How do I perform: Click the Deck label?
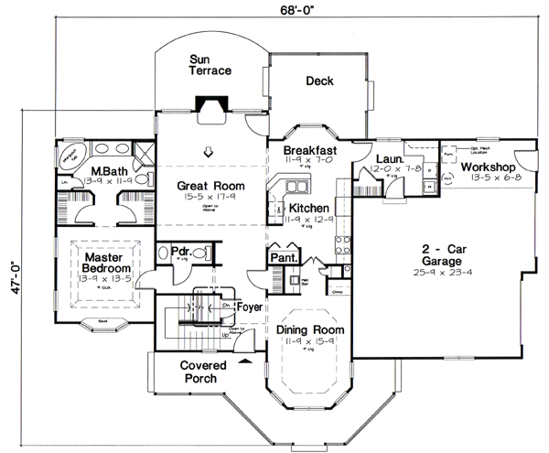click(319, 81)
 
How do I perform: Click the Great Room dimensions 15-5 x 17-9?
click(210, 197)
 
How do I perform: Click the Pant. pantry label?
click(280, 259)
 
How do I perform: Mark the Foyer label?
click(249, 295)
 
